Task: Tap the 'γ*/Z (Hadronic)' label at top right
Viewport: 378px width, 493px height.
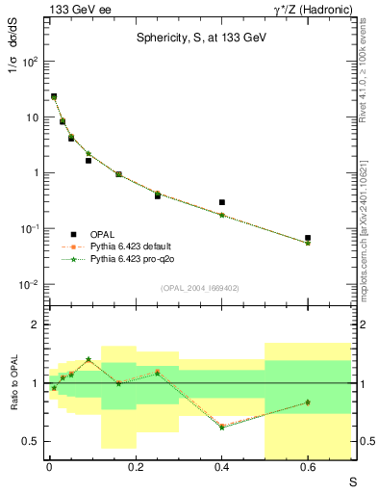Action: point(312,9)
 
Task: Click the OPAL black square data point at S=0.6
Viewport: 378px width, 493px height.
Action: point(308,237)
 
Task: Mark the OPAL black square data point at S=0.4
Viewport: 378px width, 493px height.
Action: point(222,202)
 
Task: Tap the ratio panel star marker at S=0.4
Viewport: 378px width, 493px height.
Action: point(222,427)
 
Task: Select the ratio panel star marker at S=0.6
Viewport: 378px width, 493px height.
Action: point(308,402)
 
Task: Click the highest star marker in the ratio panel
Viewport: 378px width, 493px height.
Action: point(88,359)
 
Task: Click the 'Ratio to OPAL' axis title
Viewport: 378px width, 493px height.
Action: point(13,384)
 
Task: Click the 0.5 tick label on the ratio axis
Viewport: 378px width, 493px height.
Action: point(32,441)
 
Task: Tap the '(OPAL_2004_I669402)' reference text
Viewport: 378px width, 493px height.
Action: point(201,287)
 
